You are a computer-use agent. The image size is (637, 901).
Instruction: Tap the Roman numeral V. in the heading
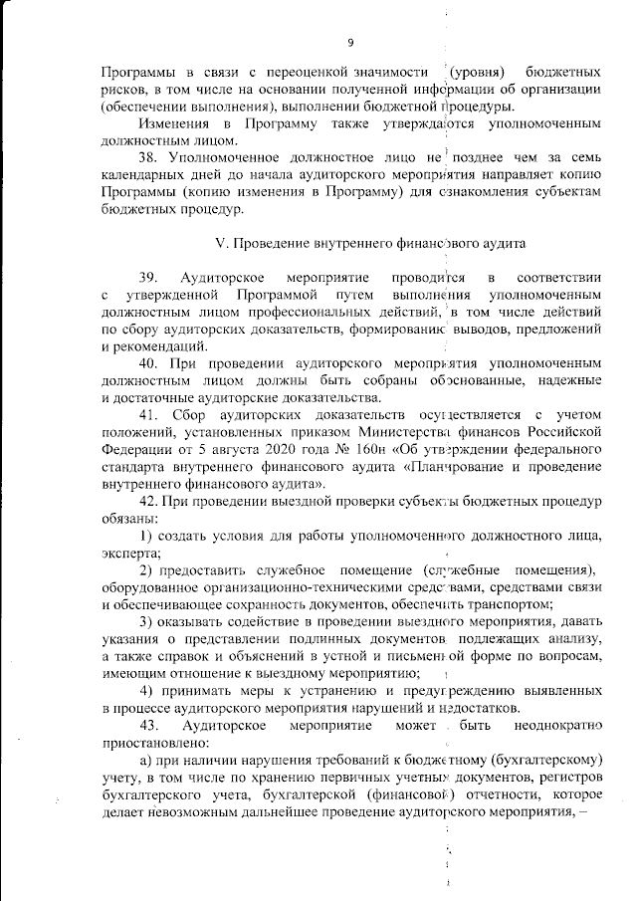pyautogui.click(x=221, y=243)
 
